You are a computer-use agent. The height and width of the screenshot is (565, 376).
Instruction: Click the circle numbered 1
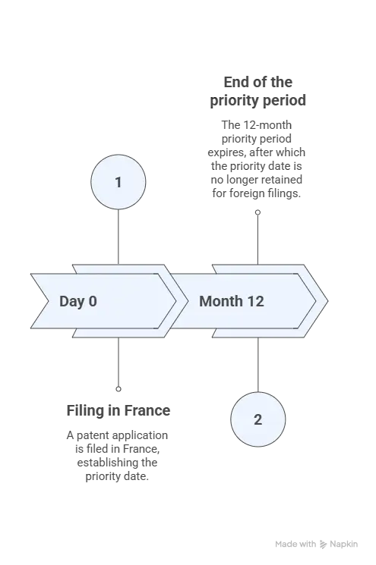coord(118,182)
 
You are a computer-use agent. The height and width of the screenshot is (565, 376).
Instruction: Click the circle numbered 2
coord(258,419)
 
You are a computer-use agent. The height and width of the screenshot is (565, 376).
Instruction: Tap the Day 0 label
coord(78,301)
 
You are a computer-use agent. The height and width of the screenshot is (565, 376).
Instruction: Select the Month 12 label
coord(232,301)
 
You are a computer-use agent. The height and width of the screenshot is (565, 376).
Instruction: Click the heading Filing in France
coord(118,410)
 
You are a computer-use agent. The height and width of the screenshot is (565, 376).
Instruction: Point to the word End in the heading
coord(235,82)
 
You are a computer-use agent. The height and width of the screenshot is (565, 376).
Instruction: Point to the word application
coord(140,435)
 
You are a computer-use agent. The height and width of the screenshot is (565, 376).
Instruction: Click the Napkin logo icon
coord(324,544)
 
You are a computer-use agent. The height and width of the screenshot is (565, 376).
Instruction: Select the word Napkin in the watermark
coord(344,544)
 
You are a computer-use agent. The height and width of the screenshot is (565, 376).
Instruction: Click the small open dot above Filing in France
coord(118,389)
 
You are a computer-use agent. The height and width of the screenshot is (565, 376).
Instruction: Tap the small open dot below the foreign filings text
coord(258,212)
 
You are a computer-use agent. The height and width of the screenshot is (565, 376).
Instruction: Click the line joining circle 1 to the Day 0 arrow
coord(118,237)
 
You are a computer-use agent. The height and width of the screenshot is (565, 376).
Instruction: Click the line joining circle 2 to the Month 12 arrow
coord(258,365)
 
